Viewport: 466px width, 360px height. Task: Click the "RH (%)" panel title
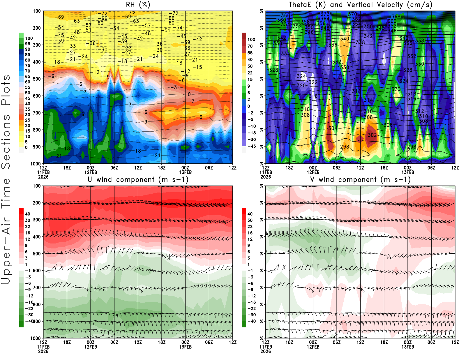[x=138, y=5]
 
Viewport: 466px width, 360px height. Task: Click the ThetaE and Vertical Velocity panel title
[x=360, y=5]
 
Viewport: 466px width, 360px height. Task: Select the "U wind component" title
[x=138, y=179]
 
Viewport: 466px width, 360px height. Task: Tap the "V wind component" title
[x=360, y=179]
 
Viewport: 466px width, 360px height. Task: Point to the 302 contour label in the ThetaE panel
[x=372, y=135]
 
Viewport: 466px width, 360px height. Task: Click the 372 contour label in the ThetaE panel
[x=325, y=14]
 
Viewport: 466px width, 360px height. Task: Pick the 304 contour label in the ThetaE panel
[x=333, y=128]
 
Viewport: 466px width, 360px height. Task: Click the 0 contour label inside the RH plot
[x=189, y=94]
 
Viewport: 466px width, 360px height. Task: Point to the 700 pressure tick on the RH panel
[x=37, y=113]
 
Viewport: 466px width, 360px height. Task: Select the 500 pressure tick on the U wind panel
[x=37, y=254]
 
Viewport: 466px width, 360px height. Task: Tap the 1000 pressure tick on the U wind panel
[x=36, y=338]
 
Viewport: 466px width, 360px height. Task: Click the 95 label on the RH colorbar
[x=27, y=44]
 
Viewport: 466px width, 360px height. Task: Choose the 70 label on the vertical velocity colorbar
[x=250, y=46]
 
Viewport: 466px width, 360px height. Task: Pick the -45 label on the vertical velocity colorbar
[x=251, y=146]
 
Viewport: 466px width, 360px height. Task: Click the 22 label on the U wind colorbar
[x=27, y=227]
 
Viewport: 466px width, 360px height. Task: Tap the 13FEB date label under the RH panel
[x=186, y=172]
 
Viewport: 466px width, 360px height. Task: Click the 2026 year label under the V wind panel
[x=266, y=351]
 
